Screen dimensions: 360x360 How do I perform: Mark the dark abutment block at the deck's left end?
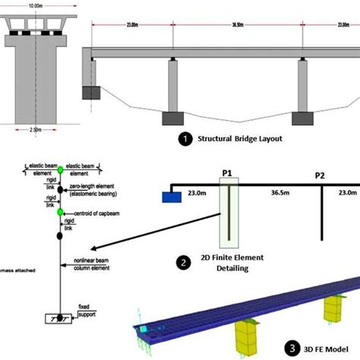pos(92,93)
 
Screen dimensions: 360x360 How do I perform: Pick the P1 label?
pos(226,173)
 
